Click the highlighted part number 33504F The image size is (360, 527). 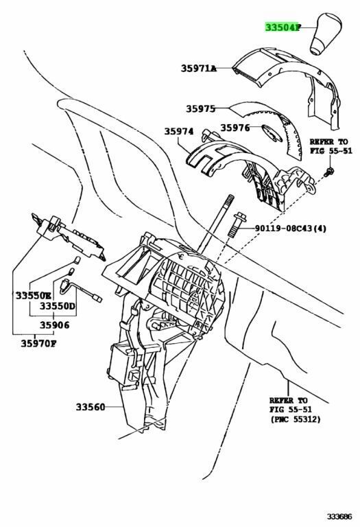(x=282, y=27)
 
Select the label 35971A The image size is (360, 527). (x=198, y=69)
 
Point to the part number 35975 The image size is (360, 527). (x=200, y=108)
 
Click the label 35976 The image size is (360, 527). (x=235, y=128)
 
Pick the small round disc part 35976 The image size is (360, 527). (x=272, y=132)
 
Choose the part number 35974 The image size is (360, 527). (x=179, y=131)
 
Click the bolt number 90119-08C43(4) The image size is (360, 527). (x=291, y=229)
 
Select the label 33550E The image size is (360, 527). (x=33, y=296)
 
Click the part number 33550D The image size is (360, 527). (x=58, y=307)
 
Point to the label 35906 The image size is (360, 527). (x=54, y=325)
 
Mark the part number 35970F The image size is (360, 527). (x=38, y=344)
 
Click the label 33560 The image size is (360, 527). (x=90, y=407)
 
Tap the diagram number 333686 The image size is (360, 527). (x=339, y=515)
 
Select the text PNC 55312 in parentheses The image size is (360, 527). (x=295, y=419)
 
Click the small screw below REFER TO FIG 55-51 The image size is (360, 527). (x=328, y=171)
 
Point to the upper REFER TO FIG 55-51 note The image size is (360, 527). (x=331, y=146)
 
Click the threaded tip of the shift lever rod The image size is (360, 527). (x=230, y=199)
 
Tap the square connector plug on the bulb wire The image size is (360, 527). (x=97, y=298)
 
